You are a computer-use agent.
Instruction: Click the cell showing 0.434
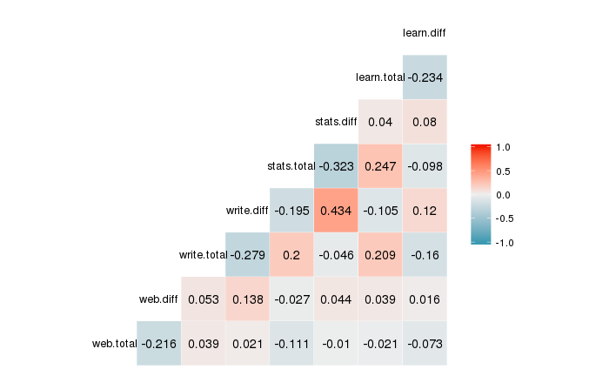pyautogui.click(x=335, y=210)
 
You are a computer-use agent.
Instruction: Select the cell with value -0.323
pyautogui.click(x=335, y=165)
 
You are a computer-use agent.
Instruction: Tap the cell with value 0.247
pyautogui.click(x=379, y=165)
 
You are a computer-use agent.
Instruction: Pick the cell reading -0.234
pyautogui.click(x=424, y=77)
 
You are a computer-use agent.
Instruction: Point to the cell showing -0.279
pyautogui.click(x=247, y=254)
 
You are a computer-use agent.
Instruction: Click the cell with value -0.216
pyautogui.click(x=158, y=343)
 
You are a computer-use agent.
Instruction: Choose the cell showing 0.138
pyautogui.click(x=247, y=299)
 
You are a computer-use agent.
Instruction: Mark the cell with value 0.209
pyautogui.click(x=379, y=254)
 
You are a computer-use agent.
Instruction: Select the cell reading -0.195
pyautogui.click(x=291, y=210)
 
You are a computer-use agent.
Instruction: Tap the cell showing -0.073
pyautogui.click(x=424, y=343)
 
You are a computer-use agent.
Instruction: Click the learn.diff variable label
pyautogui.click(x=425, y=33)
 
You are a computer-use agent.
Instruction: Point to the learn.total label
pyautogui.click(x=380, y=77)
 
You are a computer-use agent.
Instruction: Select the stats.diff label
pyautogui.click(x=336, y=122)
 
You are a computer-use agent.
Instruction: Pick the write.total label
pyautogui.click(x=202, y=254)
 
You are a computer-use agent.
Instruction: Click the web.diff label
pyautogui.click(x=158, y=299)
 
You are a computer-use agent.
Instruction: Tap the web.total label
pyautogui.click(x=114, y=343)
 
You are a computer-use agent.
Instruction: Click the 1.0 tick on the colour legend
pyautogui.click(x=504, y=147)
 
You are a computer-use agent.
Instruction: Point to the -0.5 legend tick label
pyautogui.click(x=504, y=218)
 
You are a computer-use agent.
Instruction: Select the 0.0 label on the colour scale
pyautogui.click(x=504, y=195)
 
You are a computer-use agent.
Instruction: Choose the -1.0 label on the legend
pyautogui.click(x=504, y=243)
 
